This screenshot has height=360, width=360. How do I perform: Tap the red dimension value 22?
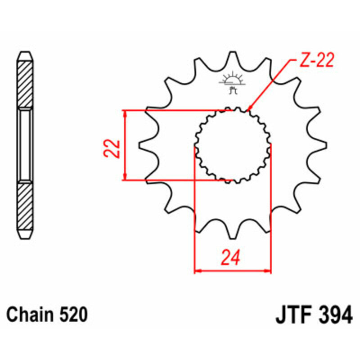click(113, 148)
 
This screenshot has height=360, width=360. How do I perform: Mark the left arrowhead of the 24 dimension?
click(197, 271)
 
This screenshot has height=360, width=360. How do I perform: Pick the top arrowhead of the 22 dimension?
click(126, 113)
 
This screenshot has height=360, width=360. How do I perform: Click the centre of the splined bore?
click(233, 145)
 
